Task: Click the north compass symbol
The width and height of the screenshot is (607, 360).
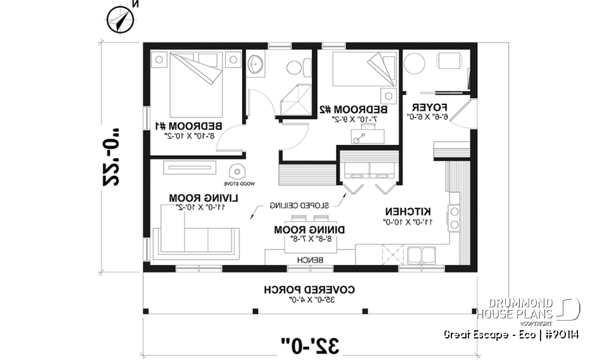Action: coord(120,18)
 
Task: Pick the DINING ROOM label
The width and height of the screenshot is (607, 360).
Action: coord(300,229)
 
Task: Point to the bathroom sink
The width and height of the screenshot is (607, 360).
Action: coord(257,64)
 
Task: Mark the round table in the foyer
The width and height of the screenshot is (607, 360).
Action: coord(415,63)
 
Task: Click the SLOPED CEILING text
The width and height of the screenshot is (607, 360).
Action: coord(298,206)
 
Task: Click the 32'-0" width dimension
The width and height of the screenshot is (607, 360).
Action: coord(310,345)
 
